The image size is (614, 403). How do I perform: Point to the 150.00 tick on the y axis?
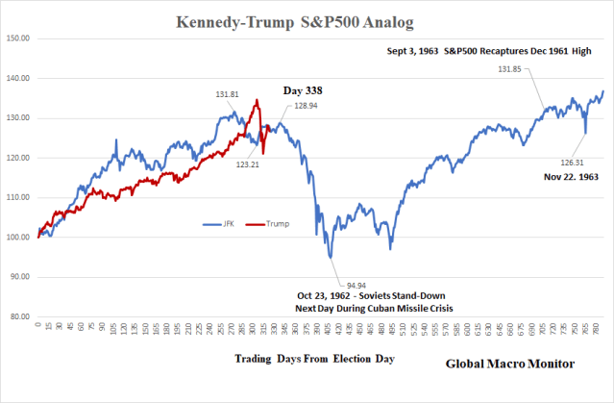pyautogui.click(x=18, y=38)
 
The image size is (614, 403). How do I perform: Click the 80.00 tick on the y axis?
pyautogui.click(x=18, y=316)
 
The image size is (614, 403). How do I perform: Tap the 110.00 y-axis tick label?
pyautogui.click(x=18, y=197)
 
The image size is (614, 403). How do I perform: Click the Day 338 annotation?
pyautogui.click(x=302, y=90)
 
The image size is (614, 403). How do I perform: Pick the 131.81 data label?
pyautogui.click(x=228, y=94)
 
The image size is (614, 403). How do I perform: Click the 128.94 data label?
pyautogui.click(x=308, y=107)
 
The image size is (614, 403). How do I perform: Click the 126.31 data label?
pyautogui.click(x=575, y=163)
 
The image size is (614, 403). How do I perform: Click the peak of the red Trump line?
pyautogui.click(x=257, y=100)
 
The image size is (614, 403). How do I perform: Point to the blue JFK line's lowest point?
pyautogui.click(x=331, y=258)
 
